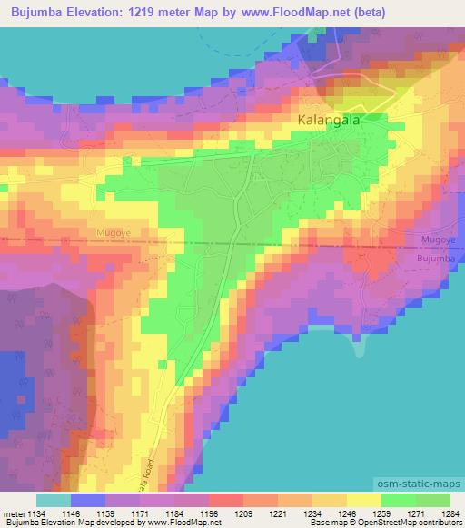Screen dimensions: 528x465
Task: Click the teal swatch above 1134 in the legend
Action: click(x=53, y=500)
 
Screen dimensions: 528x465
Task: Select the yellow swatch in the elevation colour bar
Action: click(x=363, y=500)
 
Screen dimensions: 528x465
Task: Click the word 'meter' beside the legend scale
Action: click(x=15, y=513)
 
